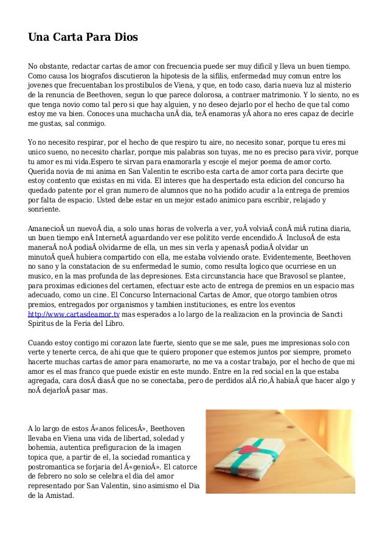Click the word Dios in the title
point(125,37)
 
